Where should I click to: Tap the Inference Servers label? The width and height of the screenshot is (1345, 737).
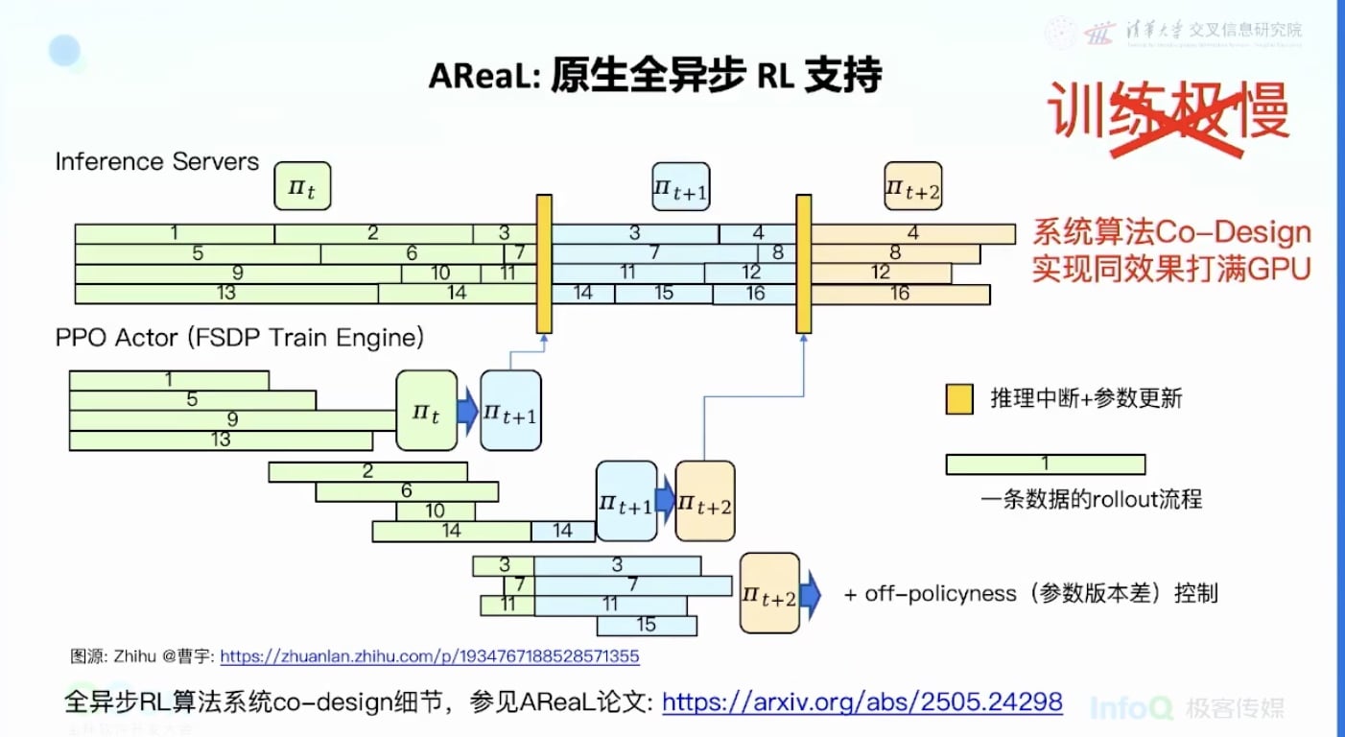[x=157, y=161]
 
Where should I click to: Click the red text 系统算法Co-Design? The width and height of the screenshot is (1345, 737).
[x=1170, y=232]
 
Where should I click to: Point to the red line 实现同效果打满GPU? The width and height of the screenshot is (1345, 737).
[x=1170, y=269]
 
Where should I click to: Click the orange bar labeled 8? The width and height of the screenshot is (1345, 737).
[x=894, y=253]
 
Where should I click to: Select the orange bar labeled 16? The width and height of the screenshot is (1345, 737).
[x=899, y=294]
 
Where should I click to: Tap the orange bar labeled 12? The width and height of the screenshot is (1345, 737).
[x=881, y=273]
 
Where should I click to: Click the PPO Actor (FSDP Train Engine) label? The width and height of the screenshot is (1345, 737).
[x=240, y=338]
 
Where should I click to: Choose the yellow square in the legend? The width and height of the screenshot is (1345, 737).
[x=959, y=398]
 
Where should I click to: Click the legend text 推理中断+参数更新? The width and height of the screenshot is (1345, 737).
[x=1086, y=398]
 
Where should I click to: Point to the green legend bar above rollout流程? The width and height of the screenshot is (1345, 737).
[x=1045, y=464]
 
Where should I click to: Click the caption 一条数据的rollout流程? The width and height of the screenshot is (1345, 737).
[x=1091, y=499]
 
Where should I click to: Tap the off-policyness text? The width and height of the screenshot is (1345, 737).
[x=1030, y=593]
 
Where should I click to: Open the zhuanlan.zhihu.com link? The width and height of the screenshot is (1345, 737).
[x=430, y=657]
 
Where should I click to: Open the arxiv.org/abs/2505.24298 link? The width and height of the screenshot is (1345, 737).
[x=861, y=702]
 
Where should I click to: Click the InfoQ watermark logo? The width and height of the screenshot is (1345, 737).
[x=1131, y=708]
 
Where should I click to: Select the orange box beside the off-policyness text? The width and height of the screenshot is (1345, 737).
[x=769, y=593]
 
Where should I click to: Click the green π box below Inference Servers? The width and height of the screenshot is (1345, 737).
[x=302, y=186]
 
